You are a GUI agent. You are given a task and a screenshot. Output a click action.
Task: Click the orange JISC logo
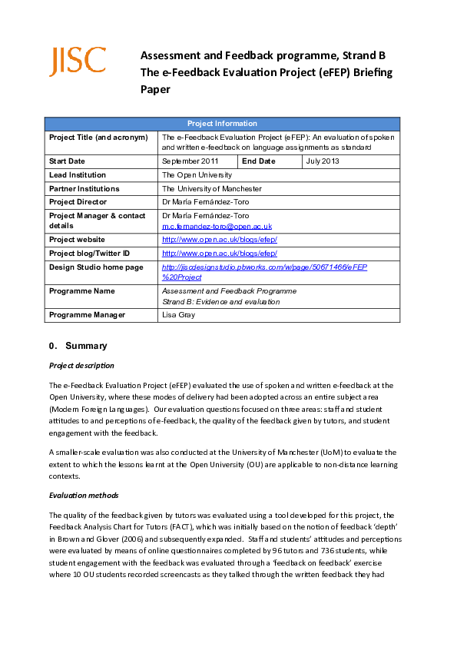pos(78,61)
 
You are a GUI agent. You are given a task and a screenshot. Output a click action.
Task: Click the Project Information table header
pos(222,124)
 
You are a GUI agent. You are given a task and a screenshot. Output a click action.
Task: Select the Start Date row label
pos(67,161)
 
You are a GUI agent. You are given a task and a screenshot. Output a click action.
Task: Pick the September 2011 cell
pos(190,161)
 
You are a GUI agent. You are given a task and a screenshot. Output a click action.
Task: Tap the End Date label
pos(258,161)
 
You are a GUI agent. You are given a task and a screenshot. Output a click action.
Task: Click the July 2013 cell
pos(322,161)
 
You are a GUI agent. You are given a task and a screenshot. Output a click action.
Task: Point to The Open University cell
pos(197,175)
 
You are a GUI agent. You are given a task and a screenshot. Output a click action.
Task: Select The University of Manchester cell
pos(211,189)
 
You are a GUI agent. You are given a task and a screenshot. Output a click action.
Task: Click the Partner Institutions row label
pos(84,189)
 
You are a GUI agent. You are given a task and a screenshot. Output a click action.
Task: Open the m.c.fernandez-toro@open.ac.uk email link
pos(217,227)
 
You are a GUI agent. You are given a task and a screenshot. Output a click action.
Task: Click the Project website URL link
pos(219,240)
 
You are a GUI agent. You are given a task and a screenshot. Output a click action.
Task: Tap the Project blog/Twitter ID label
pos(89,254)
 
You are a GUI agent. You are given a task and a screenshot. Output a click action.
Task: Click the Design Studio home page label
pos(96,267)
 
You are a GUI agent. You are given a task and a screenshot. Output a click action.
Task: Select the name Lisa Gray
pos(177,315)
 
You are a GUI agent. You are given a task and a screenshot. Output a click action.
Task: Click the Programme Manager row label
pos(87,315)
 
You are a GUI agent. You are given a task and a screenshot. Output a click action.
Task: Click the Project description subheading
pos(81,366)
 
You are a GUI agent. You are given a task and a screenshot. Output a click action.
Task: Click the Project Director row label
pos(78,202)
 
